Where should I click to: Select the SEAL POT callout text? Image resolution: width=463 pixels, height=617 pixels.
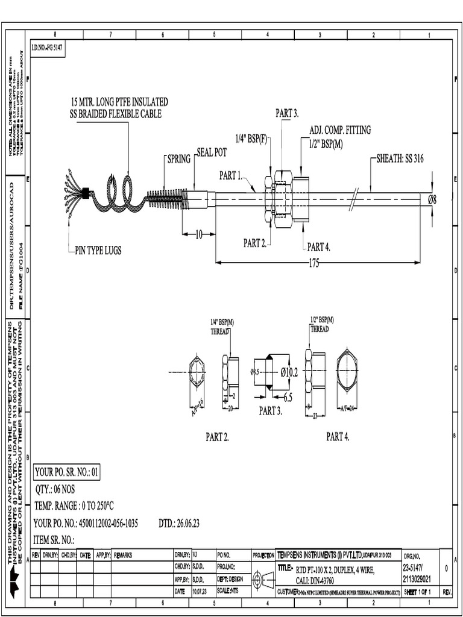211,153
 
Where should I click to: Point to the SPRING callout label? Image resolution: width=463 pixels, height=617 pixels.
178,160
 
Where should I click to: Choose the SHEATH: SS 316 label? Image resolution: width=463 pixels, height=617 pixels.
400,158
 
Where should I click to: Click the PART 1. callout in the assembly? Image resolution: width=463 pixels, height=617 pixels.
230,176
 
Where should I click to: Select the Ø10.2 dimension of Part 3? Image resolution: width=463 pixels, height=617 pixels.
289,372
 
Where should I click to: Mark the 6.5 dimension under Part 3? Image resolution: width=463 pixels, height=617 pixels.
288,398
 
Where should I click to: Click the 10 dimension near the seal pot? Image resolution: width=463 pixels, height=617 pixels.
198,234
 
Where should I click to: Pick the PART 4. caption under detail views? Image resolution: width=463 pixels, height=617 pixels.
338,437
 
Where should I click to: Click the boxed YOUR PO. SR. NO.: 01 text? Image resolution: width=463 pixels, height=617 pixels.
66,472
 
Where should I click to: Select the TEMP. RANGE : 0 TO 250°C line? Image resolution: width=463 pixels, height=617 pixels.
74,506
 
